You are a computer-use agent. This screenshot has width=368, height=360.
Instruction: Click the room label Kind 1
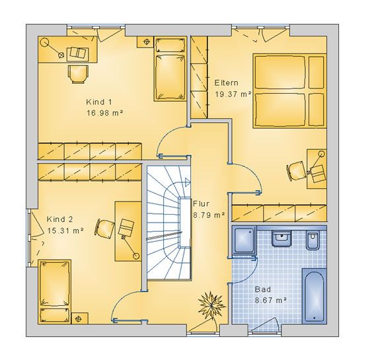tap(99, 102)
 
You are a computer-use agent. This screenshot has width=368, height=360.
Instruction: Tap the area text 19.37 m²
tap(233, 94)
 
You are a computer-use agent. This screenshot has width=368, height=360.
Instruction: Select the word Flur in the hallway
tap(201, 203)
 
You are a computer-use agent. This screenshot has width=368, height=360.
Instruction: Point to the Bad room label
tap(263, 289)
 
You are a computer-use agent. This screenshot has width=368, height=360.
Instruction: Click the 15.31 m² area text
tap(65, 231)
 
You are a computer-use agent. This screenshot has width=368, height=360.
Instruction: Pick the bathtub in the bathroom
tap(314, 296)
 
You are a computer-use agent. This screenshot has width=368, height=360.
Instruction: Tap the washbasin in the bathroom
tap(281, 238)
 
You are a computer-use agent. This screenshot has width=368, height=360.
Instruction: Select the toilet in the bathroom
tap(313, 240)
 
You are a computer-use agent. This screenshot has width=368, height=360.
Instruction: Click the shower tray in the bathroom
tap(244, 240)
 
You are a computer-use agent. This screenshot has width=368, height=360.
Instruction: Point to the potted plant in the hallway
tap(211, 305)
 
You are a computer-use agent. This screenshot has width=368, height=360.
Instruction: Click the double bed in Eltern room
tap(289, 90)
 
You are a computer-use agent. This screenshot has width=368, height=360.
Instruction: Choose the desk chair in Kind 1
tap(79, 74)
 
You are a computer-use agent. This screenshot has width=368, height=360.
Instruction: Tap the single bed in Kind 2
tap(54, 292)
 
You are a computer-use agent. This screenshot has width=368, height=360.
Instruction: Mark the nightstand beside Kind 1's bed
tap(145, 42)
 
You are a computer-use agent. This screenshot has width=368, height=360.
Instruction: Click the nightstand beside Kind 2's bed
tap(80, 318)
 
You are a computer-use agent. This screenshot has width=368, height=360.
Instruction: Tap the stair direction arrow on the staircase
tap(187, 182)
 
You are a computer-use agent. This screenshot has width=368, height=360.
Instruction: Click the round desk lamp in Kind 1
tap(44, 42)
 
